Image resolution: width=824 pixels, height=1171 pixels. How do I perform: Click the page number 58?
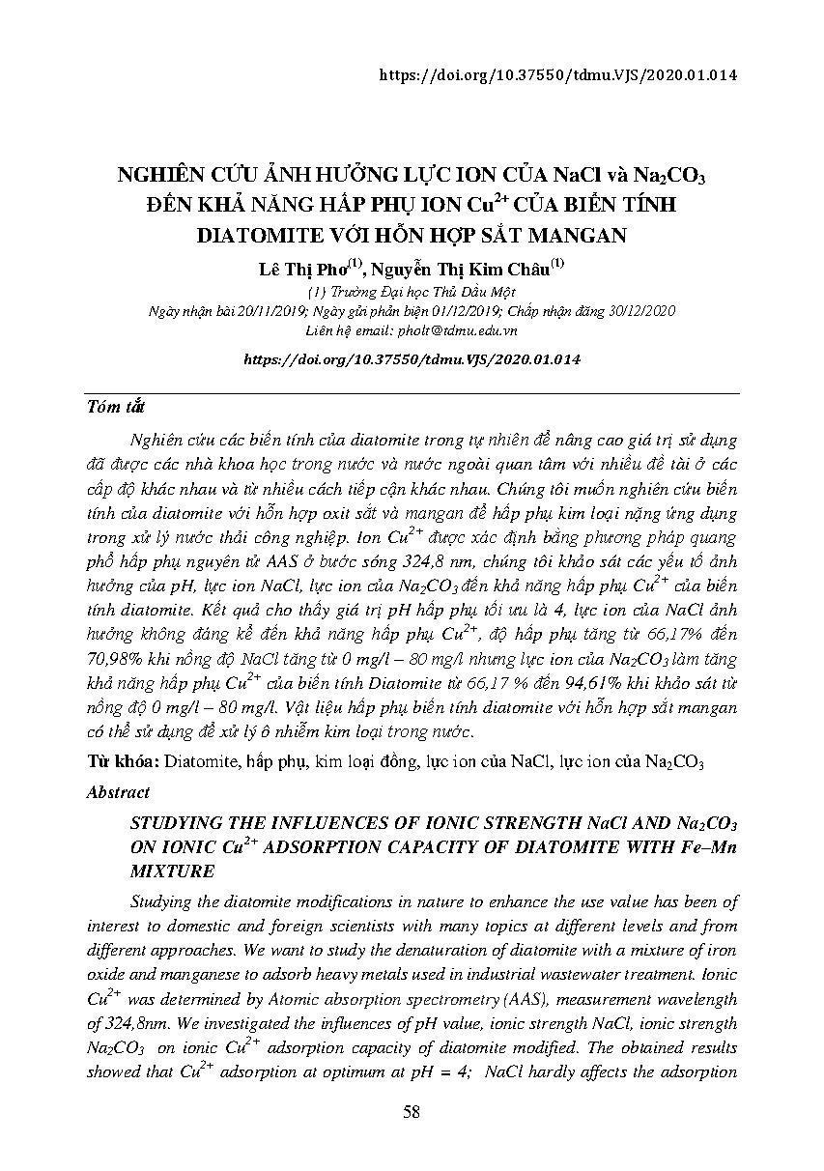[412, 1112]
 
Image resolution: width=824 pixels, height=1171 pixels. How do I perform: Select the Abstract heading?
[118, 791]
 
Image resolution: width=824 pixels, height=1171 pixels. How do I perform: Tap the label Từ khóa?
[124, 761]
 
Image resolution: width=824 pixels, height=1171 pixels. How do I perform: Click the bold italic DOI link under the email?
[412, 358]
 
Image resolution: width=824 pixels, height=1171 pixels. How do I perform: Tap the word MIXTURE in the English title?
[171, 871]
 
